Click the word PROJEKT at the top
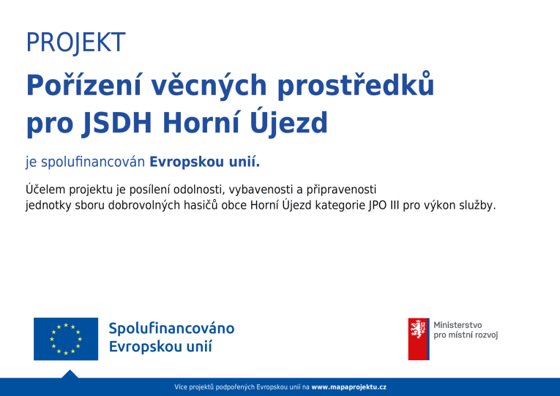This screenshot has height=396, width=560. click(75, 42)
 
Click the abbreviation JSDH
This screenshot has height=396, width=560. click(117, 123)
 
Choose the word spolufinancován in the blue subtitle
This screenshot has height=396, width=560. click(93, 162)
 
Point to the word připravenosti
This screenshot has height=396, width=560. click(341, 190)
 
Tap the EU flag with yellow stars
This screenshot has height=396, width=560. click(66, 339)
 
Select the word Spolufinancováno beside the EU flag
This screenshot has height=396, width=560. click(171, 328)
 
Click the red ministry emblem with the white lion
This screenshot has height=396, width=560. click(419, 339)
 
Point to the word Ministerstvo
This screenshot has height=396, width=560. click(458, 325)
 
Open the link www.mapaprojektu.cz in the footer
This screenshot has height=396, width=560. click(348, 387)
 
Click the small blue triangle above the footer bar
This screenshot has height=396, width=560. click(70, 375)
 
